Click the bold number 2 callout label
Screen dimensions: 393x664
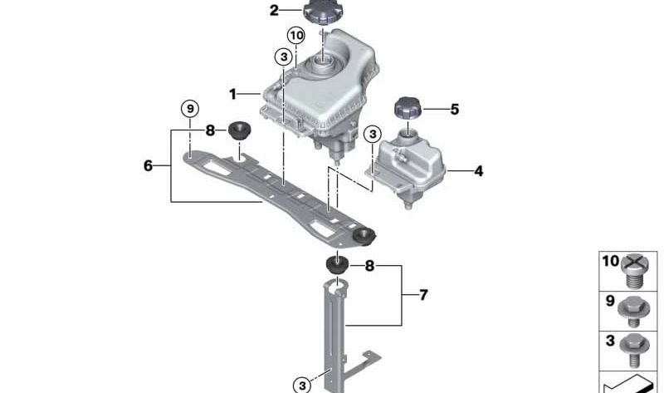coord(274,11)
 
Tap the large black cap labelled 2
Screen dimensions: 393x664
coord(320,13)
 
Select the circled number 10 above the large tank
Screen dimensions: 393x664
coord(296,35)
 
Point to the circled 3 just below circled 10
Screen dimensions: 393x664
coord(284,56)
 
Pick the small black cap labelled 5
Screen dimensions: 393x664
coord(408,109)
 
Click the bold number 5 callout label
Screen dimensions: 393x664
coord(454,109)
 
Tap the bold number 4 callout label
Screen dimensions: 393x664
coord(478,172)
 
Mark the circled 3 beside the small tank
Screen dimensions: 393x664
coord(373,133)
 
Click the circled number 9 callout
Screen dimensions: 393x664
coord(190,109)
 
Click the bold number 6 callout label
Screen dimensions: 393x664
coord(148,165)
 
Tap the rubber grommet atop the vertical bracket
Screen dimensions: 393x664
coord(336,266)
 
